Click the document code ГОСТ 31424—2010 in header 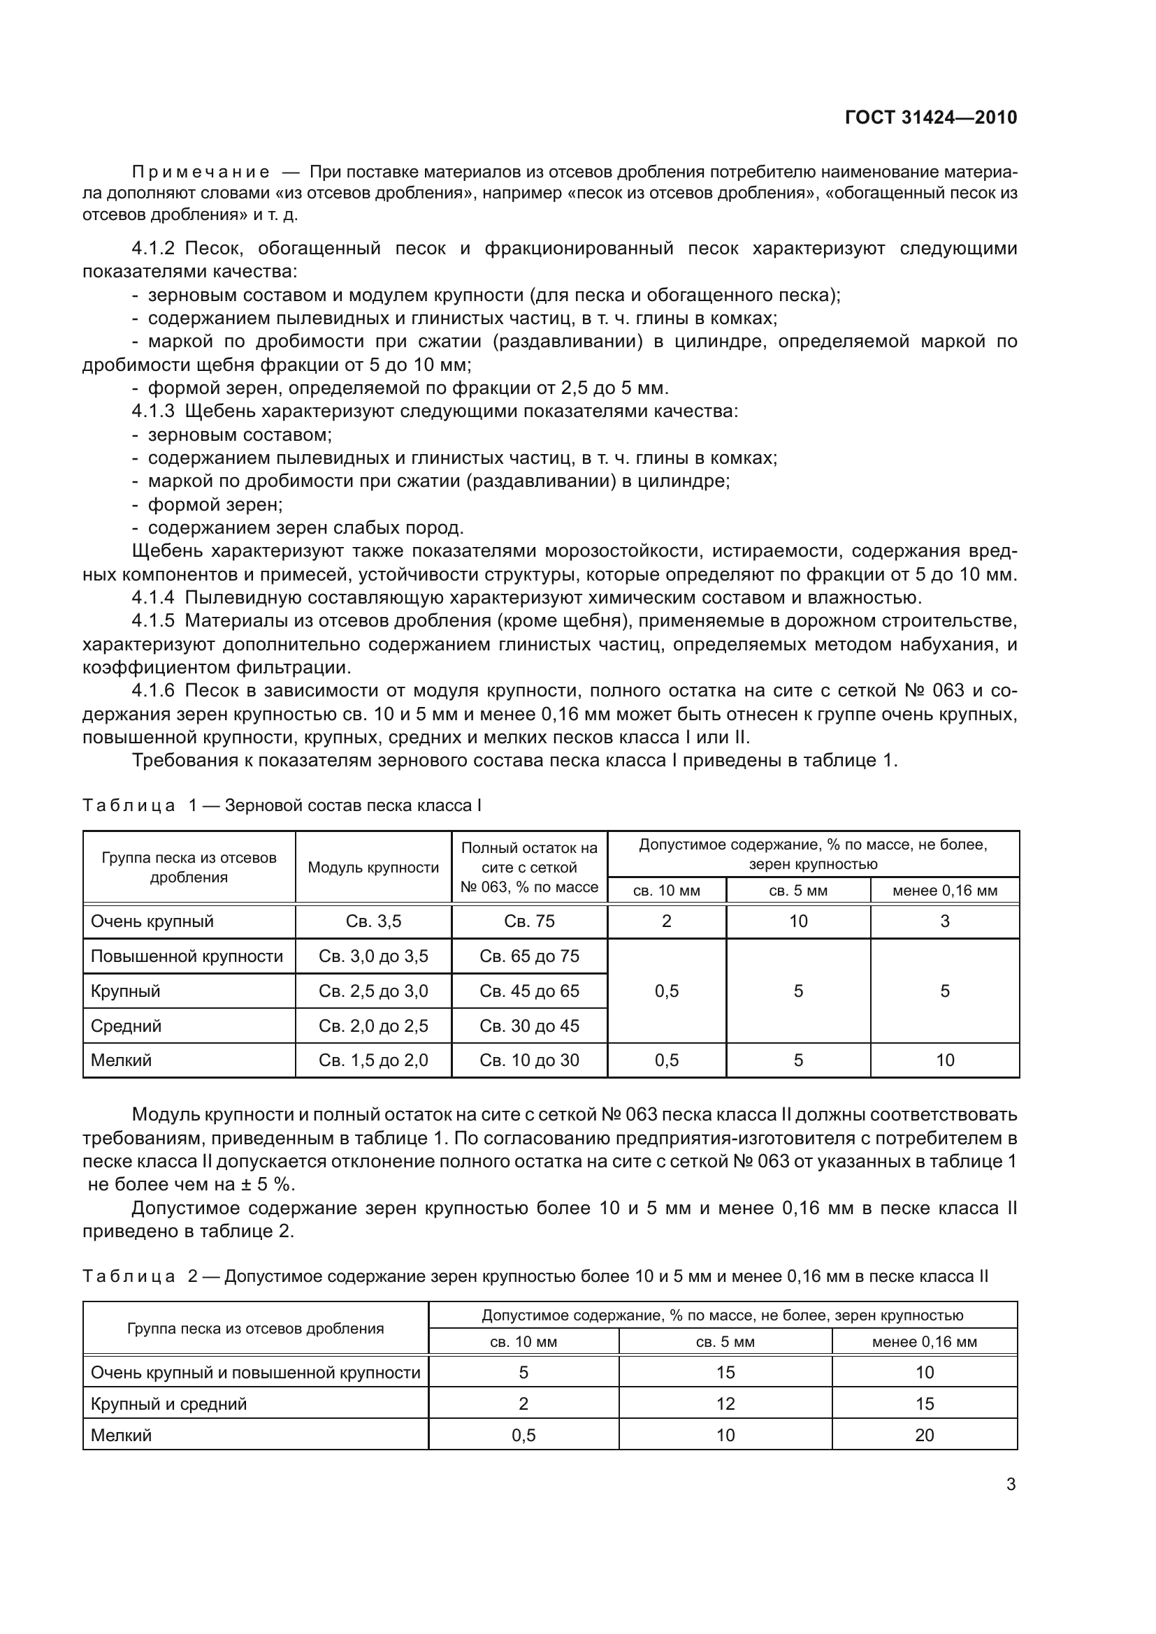(930, 117)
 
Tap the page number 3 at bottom (1010, 1484)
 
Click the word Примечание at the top (201, 173)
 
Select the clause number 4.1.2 (153, 249)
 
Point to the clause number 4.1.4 (153, 597)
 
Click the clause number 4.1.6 (153, 690)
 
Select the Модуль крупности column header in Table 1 (373, 868)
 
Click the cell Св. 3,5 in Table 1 (373, 921)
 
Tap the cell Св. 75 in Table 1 (529, 921)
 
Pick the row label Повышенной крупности (187, 956)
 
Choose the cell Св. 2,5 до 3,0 (373, 991)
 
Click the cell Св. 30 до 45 (529, 1026)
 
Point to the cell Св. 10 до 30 (529, 1060)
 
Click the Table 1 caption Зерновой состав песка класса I (353, 805)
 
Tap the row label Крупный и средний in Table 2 (168, 1404)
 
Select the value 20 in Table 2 (924, 1436)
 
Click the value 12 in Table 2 (725, 1404)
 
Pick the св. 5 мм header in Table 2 (725, 1342)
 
